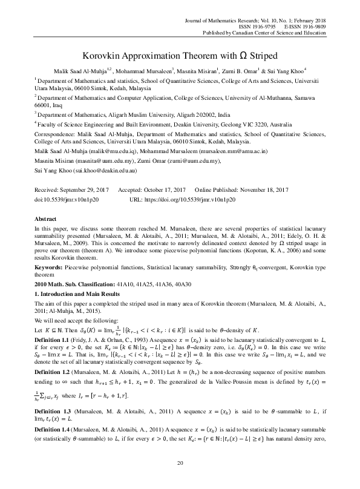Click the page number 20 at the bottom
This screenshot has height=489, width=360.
click(x=180, y=479)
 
